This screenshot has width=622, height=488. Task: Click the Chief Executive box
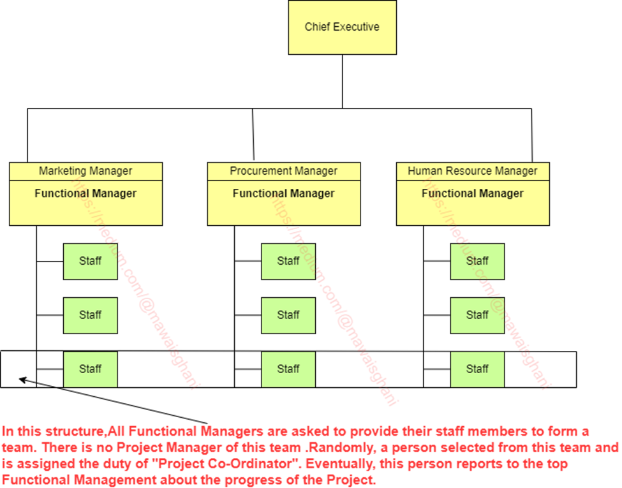(x=342, y=27)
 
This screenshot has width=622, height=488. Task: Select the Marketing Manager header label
(x=85, y=171)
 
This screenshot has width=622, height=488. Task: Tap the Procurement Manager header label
(x=283, y=171)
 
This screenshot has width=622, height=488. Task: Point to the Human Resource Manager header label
(x=472, y=171)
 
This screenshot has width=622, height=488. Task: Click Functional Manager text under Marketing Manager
(x=85, y=193)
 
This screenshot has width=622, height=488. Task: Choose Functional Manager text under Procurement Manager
(x=283, y=193)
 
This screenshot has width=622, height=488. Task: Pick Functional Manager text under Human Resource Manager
(x=472, y=193)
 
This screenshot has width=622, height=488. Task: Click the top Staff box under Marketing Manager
(x=90, y=261)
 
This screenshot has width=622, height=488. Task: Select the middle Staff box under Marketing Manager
(x=90, y=315)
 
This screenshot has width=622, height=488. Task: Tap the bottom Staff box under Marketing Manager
(x=90, y=369)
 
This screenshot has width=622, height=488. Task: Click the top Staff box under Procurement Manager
(x=288, y=261)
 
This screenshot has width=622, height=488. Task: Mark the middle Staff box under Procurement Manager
(x=288, y=315)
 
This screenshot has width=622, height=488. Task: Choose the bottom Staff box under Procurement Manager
(x=288, y=369)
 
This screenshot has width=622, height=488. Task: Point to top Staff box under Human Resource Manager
(x=477, y=261)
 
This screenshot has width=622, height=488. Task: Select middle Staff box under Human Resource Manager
(x=477, y=315)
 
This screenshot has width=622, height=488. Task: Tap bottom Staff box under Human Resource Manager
(x=477, y=369)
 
